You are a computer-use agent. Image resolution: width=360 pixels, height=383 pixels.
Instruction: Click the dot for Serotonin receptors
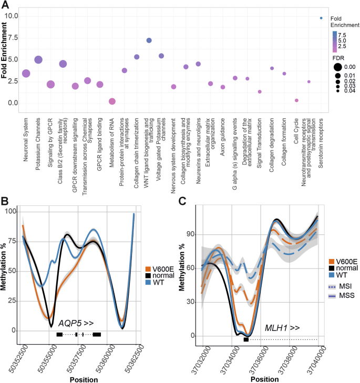click(321, 18)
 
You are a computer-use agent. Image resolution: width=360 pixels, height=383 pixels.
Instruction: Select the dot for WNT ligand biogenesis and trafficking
click(149, 40)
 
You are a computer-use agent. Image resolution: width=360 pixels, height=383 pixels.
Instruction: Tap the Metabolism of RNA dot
click(112, 101)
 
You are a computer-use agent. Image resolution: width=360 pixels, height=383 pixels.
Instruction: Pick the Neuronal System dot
click(26, 73)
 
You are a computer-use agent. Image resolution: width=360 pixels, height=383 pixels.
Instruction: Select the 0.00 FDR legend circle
click(336, 67)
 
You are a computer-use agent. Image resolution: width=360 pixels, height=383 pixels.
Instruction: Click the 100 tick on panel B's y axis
click(10, 211)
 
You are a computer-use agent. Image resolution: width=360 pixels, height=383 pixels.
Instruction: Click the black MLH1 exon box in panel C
click(246, 339)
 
